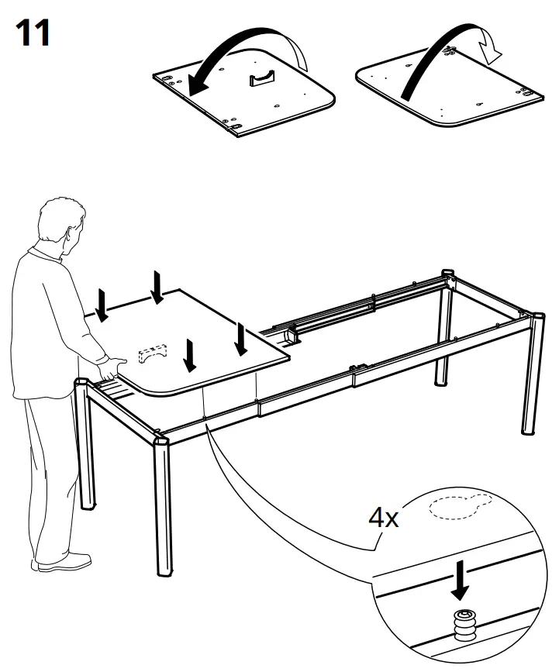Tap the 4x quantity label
384,517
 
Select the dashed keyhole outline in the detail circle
457,508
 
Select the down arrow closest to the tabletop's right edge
242,339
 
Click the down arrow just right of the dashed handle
188,355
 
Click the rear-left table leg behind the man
88,450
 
